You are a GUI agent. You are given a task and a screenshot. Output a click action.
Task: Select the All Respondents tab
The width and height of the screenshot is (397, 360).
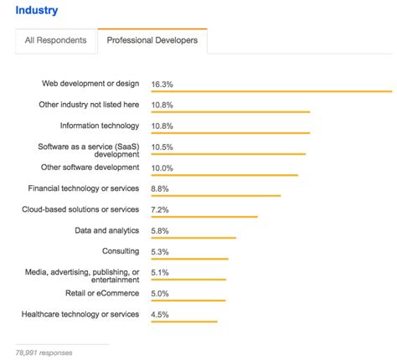click(x=55, y=41)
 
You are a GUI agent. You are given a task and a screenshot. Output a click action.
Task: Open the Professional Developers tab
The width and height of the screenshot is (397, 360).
click(x=152, y=41)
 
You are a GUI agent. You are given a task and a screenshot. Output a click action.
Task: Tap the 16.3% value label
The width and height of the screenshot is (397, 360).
click(x=163, y=84)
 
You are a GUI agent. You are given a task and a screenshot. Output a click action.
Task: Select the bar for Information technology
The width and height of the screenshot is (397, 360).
click(x=230, y=133)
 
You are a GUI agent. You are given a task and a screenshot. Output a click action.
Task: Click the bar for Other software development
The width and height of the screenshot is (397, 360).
click(x=224, y=175)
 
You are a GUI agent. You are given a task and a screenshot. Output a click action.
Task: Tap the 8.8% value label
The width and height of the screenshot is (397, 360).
click(x=161, y=188)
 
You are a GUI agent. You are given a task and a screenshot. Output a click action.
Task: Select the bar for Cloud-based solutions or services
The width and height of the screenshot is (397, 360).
click(x=204, y=217)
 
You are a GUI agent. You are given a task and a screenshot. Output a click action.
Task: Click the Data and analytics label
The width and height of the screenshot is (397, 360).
click(x=106, y=230)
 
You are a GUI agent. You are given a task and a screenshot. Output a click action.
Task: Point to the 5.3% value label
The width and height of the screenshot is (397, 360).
click(x=161, y=251)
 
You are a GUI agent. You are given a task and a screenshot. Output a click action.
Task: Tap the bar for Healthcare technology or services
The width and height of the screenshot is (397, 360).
click(x=184, y=321)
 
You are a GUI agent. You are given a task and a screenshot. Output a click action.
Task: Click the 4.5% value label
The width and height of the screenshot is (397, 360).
click(x=161, y=314)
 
